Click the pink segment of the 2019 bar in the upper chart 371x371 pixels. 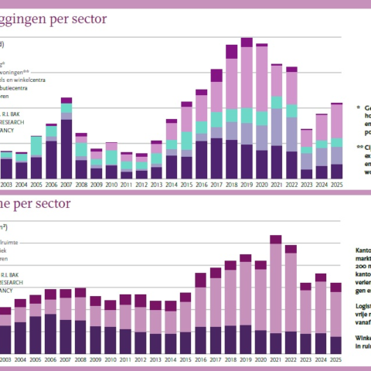[247, 77]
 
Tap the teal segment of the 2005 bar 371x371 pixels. [36, 146]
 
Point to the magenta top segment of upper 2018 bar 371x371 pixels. [231, 52]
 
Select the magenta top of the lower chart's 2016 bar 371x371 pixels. [201, 280]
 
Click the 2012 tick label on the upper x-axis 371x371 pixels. [141, 185]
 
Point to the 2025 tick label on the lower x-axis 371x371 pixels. [336, 360]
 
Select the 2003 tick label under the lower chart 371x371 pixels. [6, 360]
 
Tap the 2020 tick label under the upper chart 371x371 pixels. [262, 185]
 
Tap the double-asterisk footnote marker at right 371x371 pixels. [359, 146]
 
